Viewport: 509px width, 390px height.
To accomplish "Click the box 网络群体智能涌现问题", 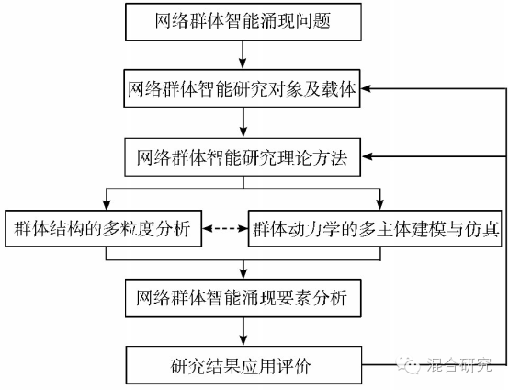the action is tap(243, 22).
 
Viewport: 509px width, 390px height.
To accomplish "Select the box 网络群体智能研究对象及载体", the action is tap(243, 88).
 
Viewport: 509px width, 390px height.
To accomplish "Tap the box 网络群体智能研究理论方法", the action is tap(243, 157).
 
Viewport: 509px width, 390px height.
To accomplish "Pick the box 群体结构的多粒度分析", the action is tap(103, 228).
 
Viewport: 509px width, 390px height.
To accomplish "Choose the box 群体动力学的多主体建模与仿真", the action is tap(375, 228).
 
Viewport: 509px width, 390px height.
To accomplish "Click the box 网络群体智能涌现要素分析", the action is tap(243, 298).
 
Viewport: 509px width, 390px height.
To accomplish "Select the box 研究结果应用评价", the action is tap(243, 365).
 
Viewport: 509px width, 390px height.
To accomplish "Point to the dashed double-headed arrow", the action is tap(225, 228).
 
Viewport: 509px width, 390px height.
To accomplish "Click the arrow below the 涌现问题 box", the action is tap(243, 55).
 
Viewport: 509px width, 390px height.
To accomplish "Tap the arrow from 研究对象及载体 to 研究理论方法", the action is tap(243, 122).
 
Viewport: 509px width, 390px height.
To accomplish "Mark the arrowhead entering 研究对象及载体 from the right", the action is tap(366, 88).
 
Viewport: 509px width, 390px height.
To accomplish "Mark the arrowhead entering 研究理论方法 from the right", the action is tap(367, 156).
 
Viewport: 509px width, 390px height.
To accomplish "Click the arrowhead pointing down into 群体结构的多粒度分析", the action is tap(107, 205).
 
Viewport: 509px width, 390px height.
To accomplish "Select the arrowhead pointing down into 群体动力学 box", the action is tap(379, 205).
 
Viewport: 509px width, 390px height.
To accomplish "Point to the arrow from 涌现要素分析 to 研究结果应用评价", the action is tap(243, 331).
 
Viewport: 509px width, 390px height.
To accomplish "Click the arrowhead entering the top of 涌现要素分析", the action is tap(243, 274).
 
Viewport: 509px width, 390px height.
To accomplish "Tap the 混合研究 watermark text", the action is tap(459, 365).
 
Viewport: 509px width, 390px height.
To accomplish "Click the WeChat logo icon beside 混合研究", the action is tap(410, 365).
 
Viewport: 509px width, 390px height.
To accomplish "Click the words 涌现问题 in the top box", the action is tap(294, 21).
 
